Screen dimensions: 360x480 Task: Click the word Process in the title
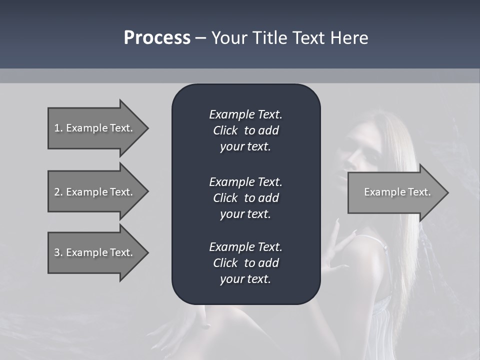pyautogui.click(x=157, y=38)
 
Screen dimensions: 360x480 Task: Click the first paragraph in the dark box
pyautogui.click(x=245, y=130)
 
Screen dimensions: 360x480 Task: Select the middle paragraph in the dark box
pyautogui.click(x=245, y=198)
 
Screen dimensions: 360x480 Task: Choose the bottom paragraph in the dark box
pyautogui.click(x=245, y=263)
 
